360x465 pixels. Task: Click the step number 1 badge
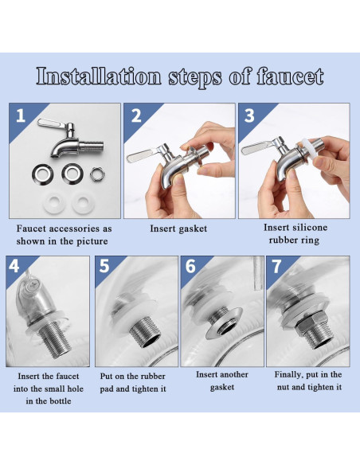tap(21, 115)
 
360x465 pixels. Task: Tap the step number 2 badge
tap(136, 115)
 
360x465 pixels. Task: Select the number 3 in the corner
tap(250, 115)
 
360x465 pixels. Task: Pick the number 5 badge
tap(104, 266)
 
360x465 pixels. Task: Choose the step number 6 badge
tap(190, 266)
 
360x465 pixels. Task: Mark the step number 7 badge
tap(276, 266)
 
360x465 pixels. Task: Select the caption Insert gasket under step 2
tap(178, 229)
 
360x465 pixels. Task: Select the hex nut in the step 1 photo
tap(96, 172)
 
